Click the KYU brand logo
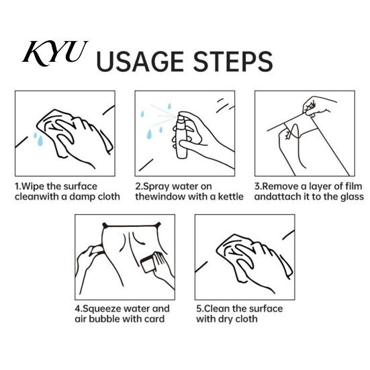click(x=55, y=53)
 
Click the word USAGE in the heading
click(x=140, y=62)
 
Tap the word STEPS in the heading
click(x=232, y=62)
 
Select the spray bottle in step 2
click(x=182, y=136)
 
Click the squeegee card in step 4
click(x=148, y=265)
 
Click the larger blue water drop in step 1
click(x=40, y=140)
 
